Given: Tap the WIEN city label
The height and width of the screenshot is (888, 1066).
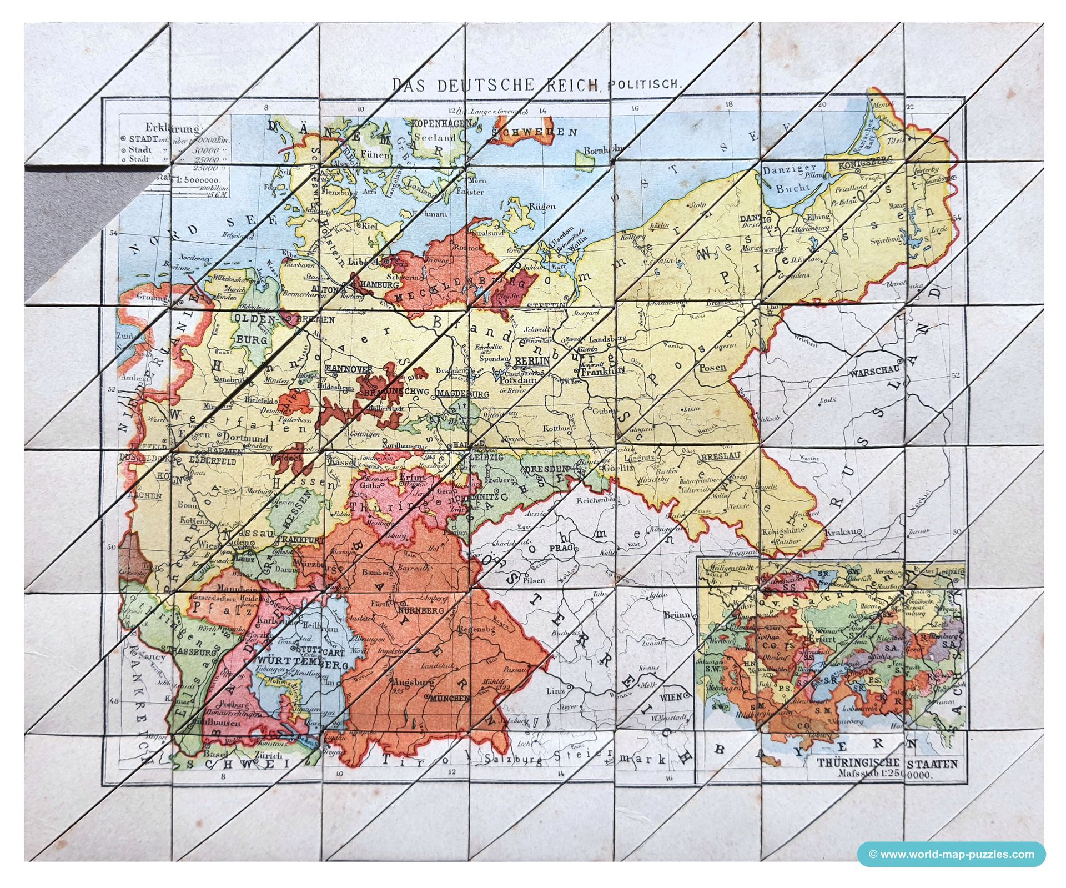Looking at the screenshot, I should (x=671, y=696).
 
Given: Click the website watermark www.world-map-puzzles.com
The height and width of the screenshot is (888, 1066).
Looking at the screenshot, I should (x=951, y=854).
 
